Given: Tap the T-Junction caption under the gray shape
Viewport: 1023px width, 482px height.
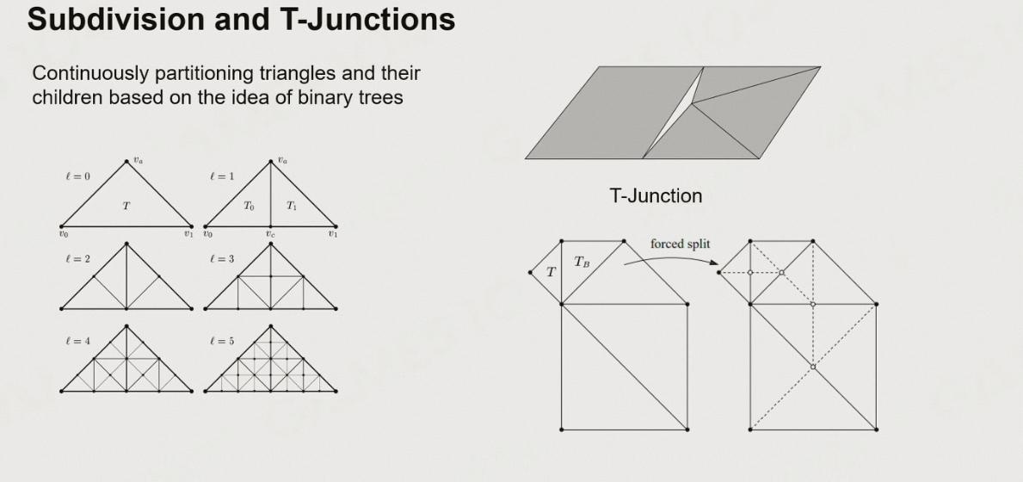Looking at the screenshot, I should tap(656, 196).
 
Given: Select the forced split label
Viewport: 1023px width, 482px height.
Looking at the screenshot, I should tap(680, 244).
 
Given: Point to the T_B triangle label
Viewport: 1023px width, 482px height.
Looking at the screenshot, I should tap(582, 262).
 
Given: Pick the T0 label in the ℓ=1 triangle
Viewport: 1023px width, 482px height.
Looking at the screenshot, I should tap(249, 206).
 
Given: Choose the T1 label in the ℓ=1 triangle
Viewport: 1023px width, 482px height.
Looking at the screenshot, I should tap(292, 206).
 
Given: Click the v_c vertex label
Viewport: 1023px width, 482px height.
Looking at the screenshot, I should tap(270, 234).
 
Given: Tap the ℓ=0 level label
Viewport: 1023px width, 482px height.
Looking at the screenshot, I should tap(77, 176).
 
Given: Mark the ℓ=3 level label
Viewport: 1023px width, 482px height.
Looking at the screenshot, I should tap(221, 259).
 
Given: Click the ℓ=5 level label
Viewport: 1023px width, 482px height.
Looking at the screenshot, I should tap(221, 341).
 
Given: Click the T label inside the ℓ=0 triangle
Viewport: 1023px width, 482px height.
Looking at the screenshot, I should tap(126, 206).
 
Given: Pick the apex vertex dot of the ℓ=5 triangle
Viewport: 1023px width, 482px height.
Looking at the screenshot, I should tap(271, 325).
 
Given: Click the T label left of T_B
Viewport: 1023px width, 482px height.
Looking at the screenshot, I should tap(551, 272).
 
